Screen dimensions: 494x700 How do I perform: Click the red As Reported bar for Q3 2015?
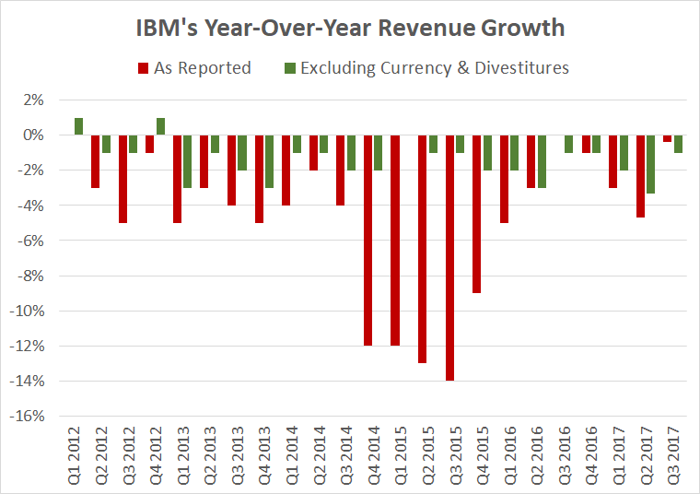tap(451, 257)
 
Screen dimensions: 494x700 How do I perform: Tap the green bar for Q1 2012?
tap(79, 126)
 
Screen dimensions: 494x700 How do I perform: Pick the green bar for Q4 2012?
tap(160, 126)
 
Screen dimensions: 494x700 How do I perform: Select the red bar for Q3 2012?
tap(122, 179)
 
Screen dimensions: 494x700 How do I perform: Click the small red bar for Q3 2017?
tap(668, 138)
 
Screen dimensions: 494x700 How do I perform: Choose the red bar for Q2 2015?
tap(424, 249)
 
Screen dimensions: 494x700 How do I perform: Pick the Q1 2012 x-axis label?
tap(73, 454)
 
